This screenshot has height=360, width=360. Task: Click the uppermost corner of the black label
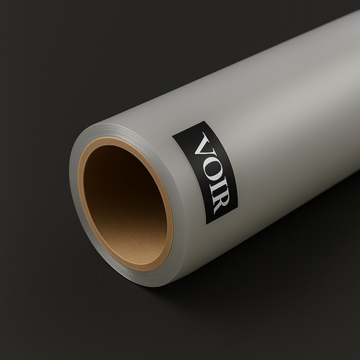click(204, 121)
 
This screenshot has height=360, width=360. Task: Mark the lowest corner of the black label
click(206, 225)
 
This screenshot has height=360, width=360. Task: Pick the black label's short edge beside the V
click(188, 128)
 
